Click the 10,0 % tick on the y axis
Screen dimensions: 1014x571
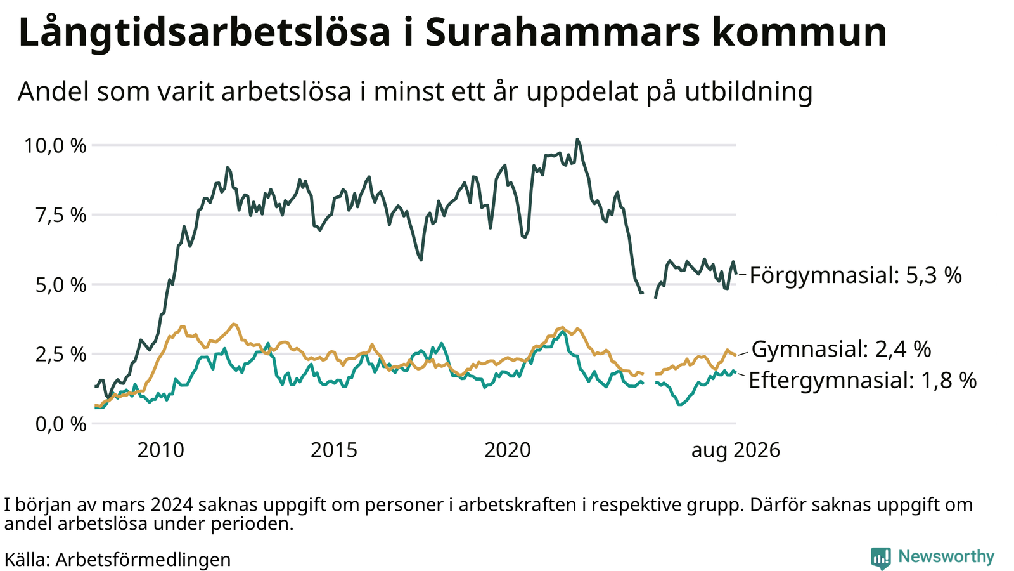pos(55,146)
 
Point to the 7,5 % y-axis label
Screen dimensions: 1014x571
pos(61,216)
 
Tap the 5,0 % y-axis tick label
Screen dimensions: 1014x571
pos(61,285)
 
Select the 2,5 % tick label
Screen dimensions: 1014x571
pos(61,355)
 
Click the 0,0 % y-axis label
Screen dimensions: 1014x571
pos(61,424)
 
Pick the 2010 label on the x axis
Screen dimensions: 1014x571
pos(161,450)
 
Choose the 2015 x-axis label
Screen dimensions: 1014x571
pos(334,450)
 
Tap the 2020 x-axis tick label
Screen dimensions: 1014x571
pos(508,450)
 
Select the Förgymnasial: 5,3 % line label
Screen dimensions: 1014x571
pos(856,275)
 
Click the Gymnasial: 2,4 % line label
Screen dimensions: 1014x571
pos(841,350)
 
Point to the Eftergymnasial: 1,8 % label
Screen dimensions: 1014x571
pos(863,381)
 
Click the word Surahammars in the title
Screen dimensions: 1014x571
pos(562,32)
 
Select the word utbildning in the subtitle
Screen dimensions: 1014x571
pos(748,92)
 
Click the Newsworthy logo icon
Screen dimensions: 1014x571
pos(880,558)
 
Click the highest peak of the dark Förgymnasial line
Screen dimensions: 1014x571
pos(577,140)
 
